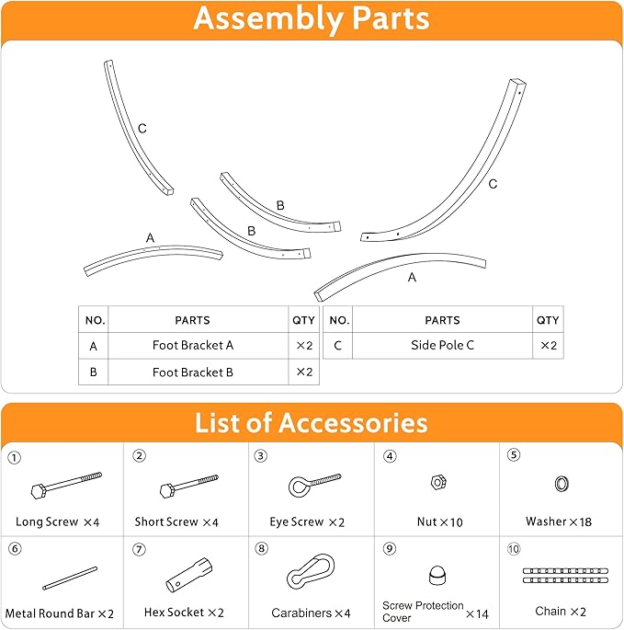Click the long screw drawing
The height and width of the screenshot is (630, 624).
[66, 486]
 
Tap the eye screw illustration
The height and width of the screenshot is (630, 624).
[314, 485]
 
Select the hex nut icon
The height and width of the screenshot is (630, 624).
[438, 482]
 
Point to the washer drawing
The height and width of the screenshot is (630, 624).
[562, 484]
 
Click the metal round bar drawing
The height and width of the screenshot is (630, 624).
[70, 578]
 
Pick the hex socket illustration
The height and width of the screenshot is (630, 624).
[189, 575]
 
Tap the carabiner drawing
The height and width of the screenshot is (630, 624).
[311, 571]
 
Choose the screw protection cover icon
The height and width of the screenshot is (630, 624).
[437, 576]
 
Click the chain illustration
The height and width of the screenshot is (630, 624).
[565, 576]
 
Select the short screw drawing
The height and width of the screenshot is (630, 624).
[188, 486]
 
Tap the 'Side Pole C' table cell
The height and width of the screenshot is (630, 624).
[443, 345]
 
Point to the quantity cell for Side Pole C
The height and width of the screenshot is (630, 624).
[548, 345]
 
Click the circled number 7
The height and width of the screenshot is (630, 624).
[139, 549]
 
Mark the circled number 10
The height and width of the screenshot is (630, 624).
[514, 549]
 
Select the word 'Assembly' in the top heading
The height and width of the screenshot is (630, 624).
[267, 19]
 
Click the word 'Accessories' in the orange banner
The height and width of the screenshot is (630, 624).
[354, 423]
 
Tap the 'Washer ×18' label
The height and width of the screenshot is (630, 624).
[559, 521]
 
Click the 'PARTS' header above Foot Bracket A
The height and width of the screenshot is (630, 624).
[192, 320]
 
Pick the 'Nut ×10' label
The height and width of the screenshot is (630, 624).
[439, 521]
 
